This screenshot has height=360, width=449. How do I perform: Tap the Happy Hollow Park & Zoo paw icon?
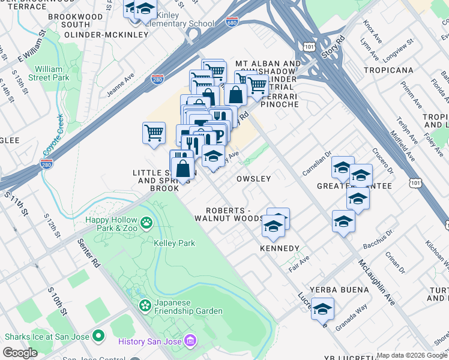146,224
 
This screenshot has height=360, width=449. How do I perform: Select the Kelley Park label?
175,243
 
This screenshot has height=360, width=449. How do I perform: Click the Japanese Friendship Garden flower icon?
145,306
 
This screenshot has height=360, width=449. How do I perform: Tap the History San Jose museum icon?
190,341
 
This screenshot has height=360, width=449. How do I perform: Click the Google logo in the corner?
20,353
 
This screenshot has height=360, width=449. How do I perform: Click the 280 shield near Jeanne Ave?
157,80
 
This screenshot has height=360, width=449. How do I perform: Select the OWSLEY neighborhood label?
253,179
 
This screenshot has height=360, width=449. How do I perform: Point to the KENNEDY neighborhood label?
279,248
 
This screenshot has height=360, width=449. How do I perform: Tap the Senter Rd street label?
88,252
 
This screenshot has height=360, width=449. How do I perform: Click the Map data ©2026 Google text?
412,355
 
